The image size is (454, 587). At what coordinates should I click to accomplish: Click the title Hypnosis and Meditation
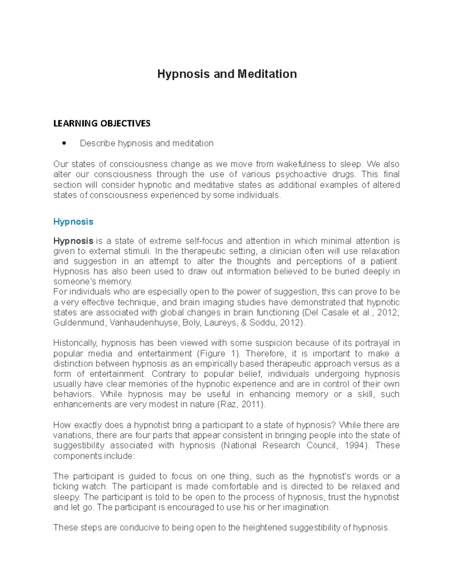(x=227, y=74)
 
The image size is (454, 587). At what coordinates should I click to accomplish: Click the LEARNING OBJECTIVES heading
(x=102, y=123)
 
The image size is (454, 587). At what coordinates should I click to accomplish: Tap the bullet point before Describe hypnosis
(x=64, y=144)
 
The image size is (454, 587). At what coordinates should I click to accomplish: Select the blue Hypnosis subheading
(x=73, y=221)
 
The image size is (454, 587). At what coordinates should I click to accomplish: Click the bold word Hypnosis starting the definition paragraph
(x=73, y=241)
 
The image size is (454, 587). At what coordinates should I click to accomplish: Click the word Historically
(x=76, y=343)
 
